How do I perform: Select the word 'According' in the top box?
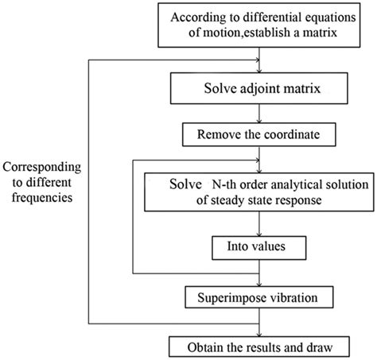(x=211, y=20)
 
